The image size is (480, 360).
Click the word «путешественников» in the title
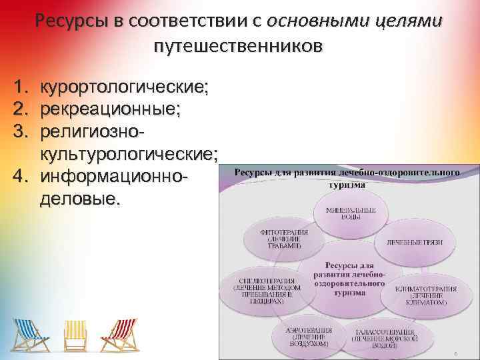(239, 47)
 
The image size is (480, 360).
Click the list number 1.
(19, 87)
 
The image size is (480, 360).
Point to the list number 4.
(19, 178)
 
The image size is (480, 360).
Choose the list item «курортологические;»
(124, 87)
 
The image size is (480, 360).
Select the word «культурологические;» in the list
(129, 155)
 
